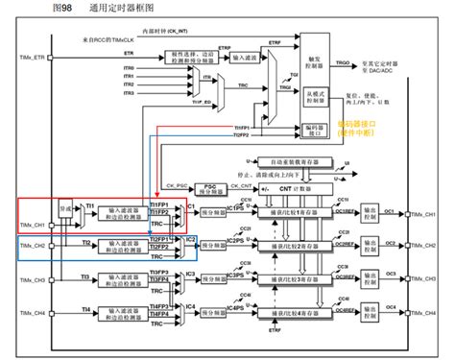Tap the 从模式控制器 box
click(x=316, y=98)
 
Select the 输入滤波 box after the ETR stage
click(x=248, y=58)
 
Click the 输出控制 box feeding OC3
click(x=370, y=280)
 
